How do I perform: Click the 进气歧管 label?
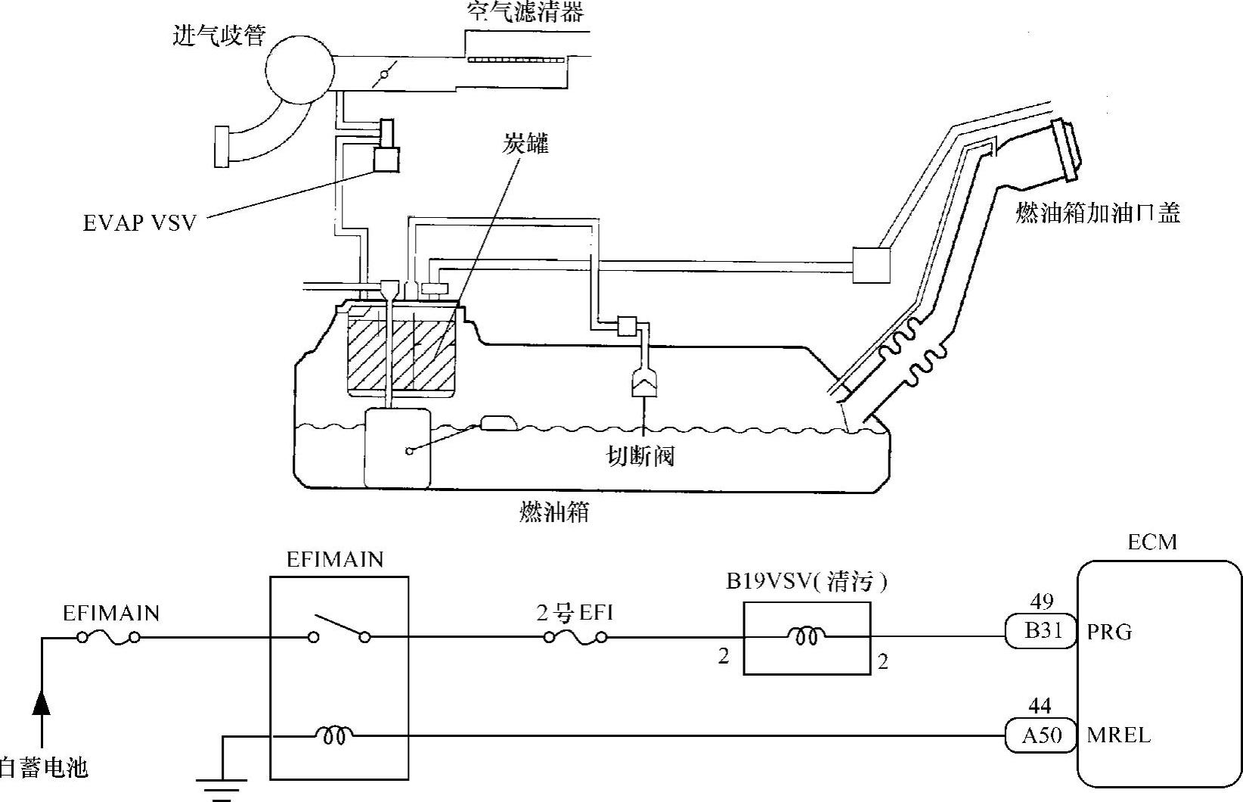click(219, 36)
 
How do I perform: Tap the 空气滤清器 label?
click(525, 11)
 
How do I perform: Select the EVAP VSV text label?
click(140, 222)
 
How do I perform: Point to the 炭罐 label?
click(525, 143)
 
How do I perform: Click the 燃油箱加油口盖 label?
click(1098, 213)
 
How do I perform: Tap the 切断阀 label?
click(640, 456)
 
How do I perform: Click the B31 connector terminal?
click(1041, 631)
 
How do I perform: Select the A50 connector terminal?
click(1041, 735)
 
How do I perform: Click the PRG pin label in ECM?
click(1109, 632)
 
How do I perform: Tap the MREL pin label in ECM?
click(1118, 735)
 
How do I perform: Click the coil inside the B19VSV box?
click(806, 636)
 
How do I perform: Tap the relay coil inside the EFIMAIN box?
click(335, 735)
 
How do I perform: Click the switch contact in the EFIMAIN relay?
click(339, 630)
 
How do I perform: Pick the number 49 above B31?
click(1042, 601)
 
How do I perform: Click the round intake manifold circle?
click(300, 69)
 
